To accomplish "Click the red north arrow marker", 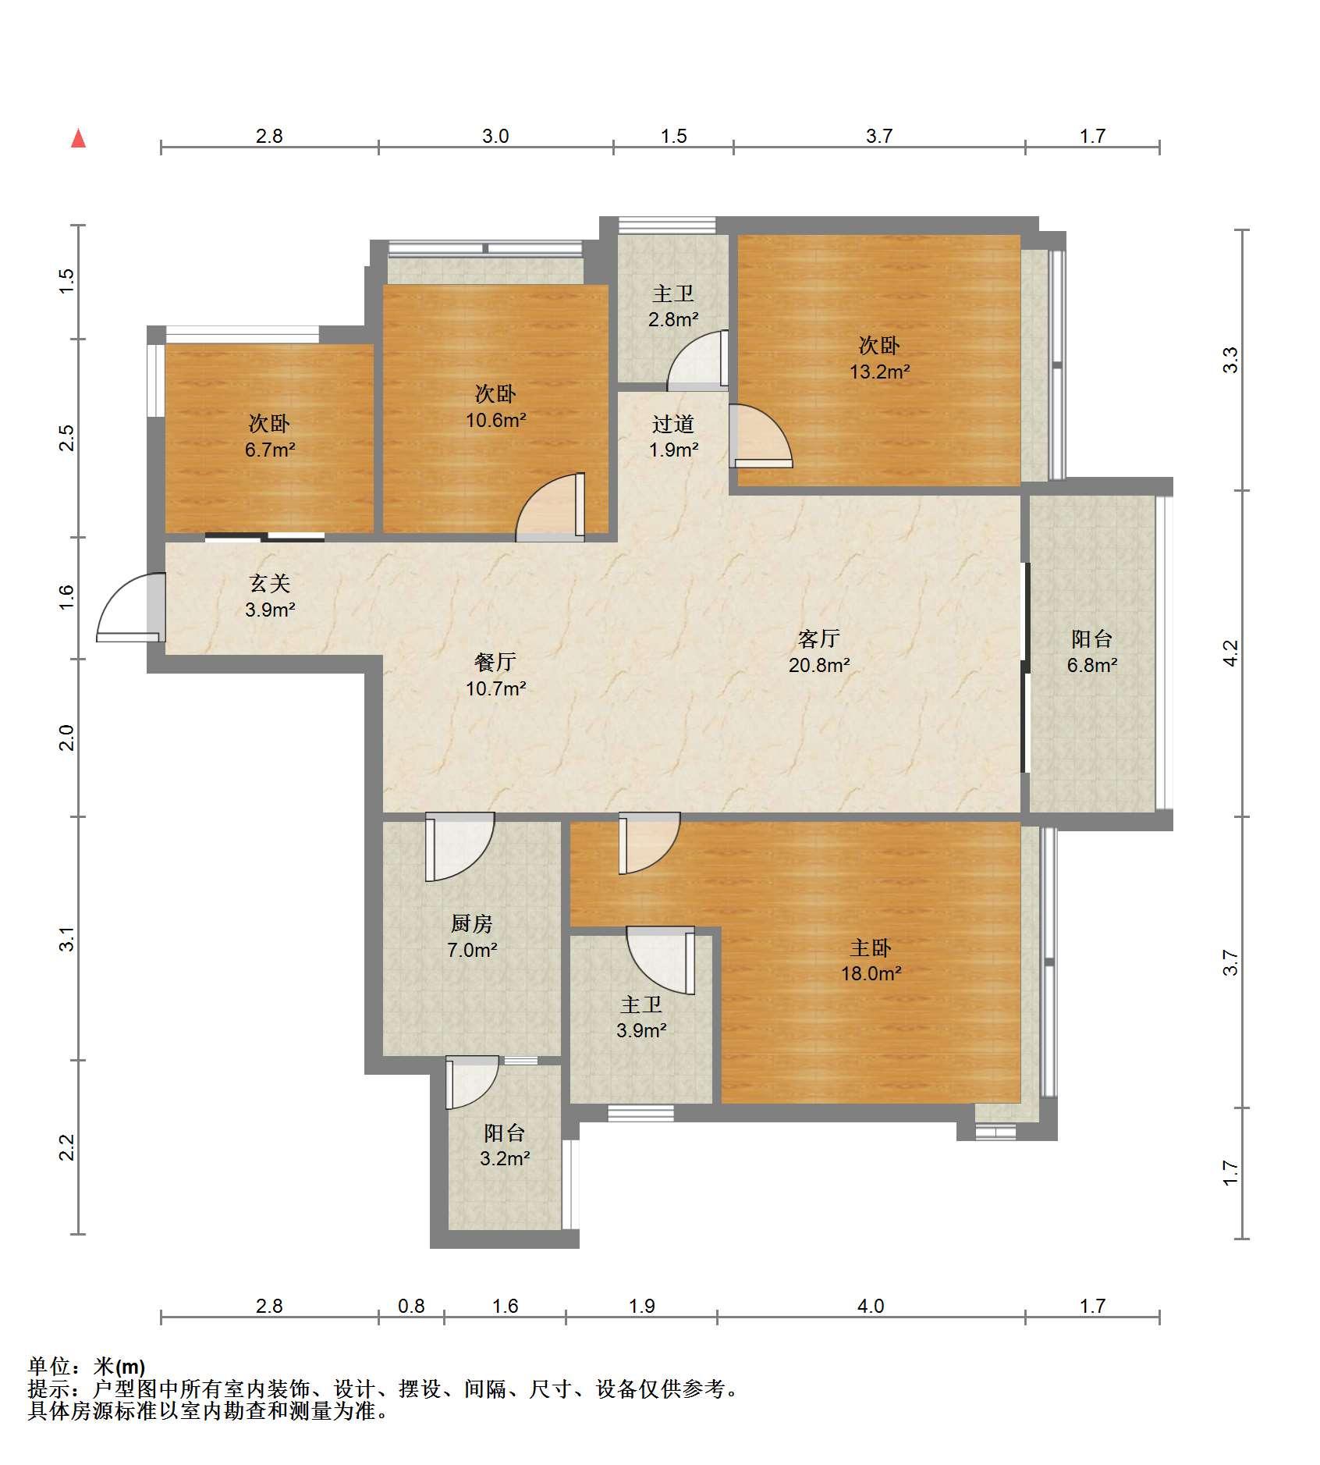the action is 78,138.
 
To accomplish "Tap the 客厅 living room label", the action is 818,639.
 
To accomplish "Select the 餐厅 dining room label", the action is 495,663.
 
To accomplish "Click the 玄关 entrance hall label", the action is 270,584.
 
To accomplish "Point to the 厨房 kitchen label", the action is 472,924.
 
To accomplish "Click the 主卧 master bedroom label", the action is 871,948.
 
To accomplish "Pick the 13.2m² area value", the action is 879,372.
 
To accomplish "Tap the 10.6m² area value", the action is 495,421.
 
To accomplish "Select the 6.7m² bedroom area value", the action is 270,450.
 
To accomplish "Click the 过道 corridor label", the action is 673,425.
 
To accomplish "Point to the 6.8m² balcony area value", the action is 1092,666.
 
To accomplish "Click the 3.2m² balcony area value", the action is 505,1159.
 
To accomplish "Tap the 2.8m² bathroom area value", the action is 673,320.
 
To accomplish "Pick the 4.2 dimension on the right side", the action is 1230,653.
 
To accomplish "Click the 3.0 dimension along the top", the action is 495,137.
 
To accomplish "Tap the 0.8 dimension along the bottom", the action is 411,1307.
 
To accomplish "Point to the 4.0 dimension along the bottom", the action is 871,1307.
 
